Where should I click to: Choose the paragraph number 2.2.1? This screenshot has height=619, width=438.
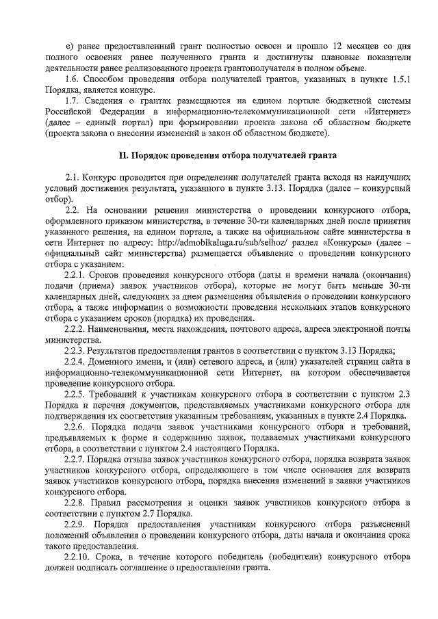77,276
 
